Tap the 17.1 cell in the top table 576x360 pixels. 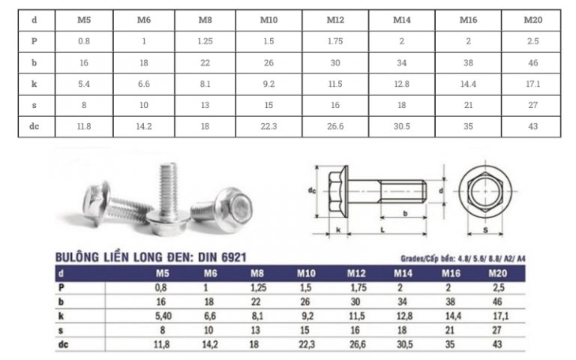[533, 84]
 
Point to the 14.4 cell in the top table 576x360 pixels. [469, 84]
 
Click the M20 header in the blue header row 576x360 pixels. [498, 274]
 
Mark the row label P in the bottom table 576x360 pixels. [61, 288]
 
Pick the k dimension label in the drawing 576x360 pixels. [340, 229]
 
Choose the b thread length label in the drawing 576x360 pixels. [406, 214]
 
